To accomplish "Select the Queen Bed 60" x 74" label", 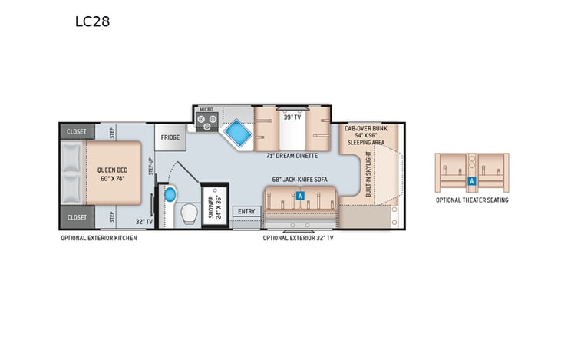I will click(x=112, y=173).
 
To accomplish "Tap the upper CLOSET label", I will click(x=77, y=131).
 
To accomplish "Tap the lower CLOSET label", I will click(x=77, y=217).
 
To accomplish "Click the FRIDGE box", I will click(x=170, y=137).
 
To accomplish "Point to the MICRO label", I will click(x=206, y=110).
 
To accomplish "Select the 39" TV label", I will click(x=291, y=117).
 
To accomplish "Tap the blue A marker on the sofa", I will click(x=301, y=197).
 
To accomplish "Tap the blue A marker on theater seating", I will click(x=472, y=181).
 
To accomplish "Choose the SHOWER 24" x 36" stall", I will click(x=214, y=206).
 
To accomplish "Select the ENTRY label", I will click(x=246, y=211).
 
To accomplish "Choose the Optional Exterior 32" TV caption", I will click(x=299, y=238).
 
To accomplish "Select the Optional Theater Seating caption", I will click(x=472, y=200).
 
